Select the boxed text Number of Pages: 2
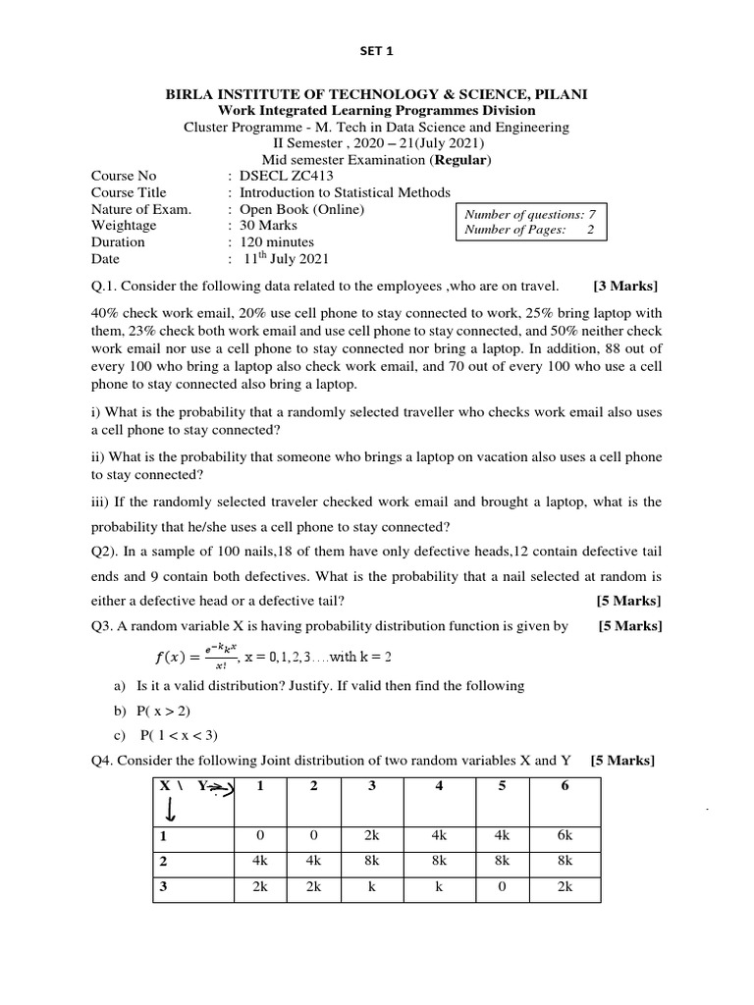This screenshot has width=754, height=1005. (x=530, y=231)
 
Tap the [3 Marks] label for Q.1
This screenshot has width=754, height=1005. (x=625, y=287)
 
